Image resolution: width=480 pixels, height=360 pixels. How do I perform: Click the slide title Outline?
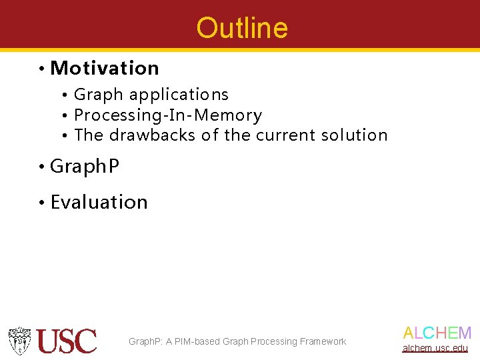tap(242, 28)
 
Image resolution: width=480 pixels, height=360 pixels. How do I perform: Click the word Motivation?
tap(105, 69)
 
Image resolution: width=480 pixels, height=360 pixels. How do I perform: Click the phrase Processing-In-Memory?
tap(168, 115)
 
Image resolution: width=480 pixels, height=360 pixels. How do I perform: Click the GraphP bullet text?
tap(85, 167)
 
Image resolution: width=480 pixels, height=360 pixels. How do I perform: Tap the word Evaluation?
tap(99, 202)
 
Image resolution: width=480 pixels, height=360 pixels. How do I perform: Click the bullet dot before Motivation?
tap(41, 69)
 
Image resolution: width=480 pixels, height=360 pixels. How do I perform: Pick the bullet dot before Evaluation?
tap(41, 203)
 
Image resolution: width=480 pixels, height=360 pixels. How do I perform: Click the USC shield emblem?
tap(20, 341)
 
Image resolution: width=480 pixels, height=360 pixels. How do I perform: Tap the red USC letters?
tap(67, 341)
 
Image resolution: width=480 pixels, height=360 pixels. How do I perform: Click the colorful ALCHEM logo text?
tap(437, 333)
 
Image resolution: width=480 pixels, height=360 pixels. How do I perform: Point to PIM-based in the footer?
tap(197, 342)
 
